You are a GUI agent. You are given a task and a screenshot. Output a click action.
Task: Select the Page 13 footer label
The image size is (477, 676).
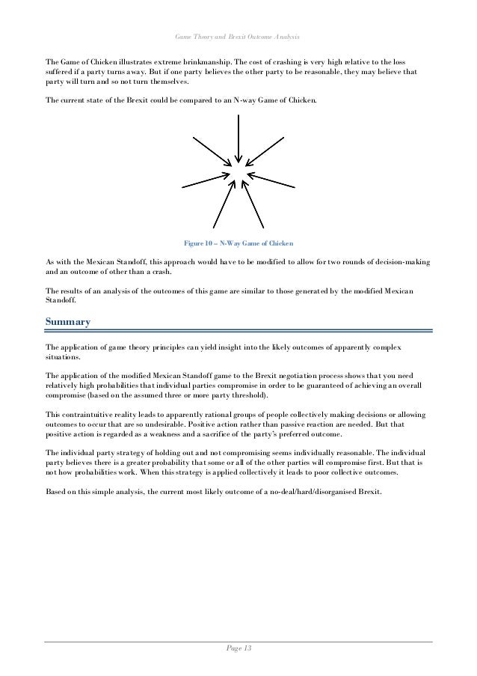tap(238, 648)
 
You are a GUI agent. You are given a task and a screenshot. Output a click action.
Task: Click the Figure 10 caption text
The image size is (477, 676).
tap(238, 243)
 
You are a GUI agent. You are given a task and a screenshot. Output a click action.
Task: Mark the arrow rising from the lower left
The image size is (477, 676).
tap(223, 207)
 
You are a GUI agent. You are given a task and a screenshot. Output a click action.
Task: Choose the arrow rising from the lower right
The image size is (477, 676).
tap(254, 207)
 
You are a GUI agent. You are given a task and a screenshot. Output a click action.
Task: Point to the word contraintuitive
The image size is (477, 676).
tap(88, 414)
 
